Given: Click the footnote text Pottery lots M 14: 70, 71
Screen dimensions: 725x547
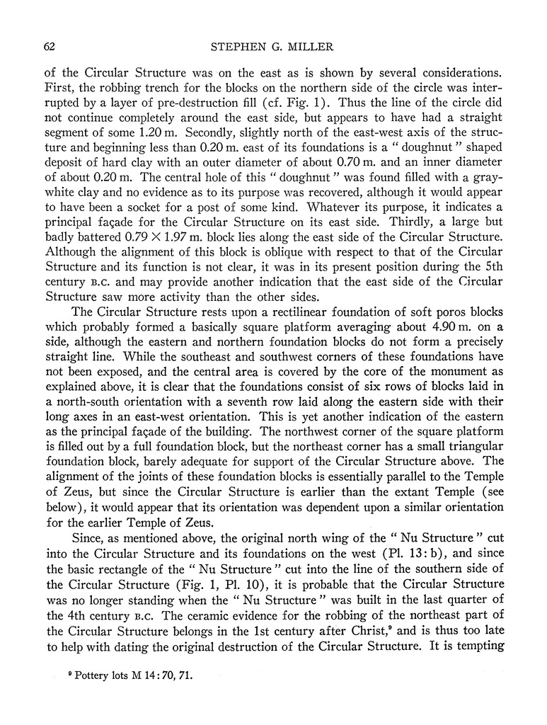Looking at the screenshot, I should tap(130, 676).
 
